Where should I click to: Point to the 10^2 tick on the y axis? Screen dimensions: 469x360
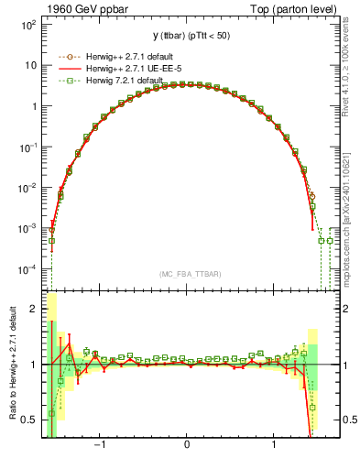(29, 25)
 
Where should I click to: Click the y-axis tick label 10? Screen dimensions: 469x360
(31, 65)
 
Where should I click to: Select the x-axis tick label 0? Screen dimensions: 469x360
(188, 448)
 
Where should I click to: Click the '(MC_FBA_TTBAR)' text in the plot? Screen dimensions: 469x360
(187, 274)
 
